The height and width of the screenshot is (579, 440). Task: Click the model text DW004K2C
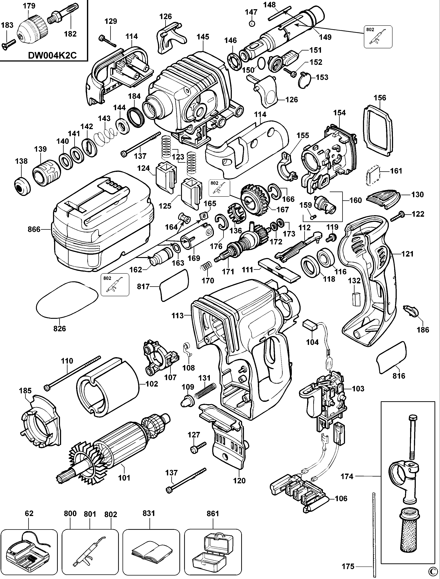point(52,56)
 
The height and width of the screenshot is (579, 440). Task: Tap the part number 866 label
point(34,229)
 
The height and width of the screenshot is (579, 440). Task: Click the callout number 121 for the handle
point(408,254)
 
